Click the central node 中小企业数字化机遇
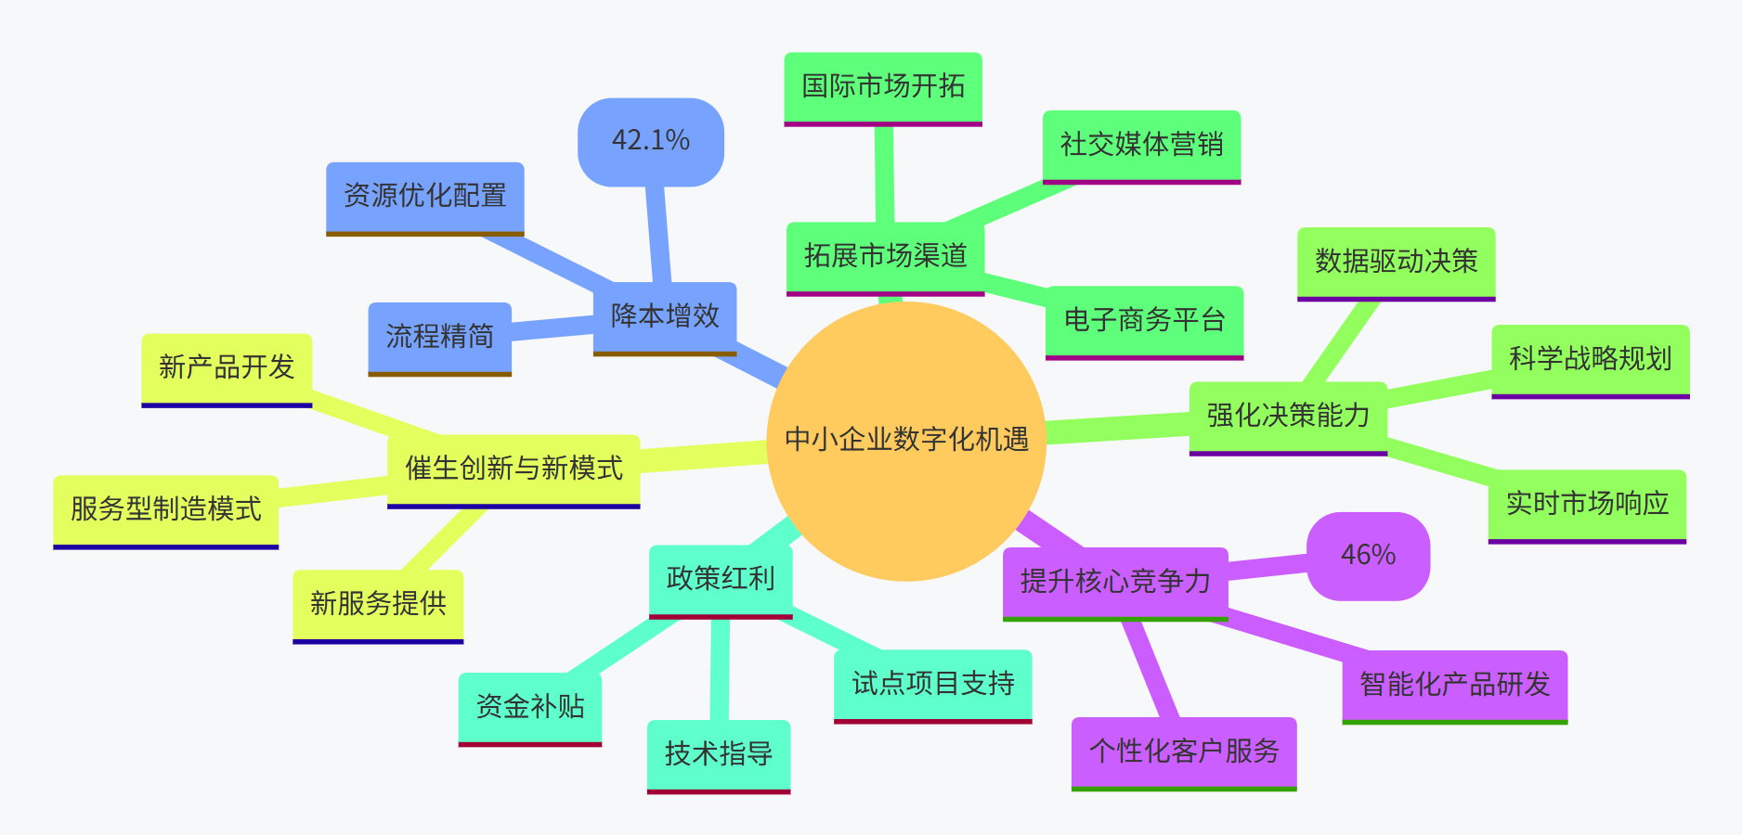pos(906,441)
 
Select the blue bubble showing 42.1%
pos(650,141)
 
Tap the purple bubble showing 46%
pos(1368,555)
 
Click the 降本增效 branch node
pos(665,316)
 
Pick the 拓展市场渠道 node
pos(885,256)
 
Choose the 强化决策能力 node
pos(1288,416)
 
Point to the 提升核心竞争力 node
pos(1115,582)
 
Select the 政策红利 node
pos(721,579)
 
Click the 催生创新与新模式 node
pos(513,469)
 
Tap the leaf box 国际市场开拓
pos(883,86)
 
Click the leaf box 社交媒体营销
pos(1141,145)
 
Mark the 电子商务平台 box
pos(1144,320)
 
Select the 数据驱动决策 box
pos(1396,262)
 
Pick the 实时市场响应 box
pos(1587,504)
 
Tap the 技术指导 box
pos(719,754)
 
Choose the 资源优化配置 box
pos(425,196)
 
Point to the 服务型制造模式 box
pos(166,509)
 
